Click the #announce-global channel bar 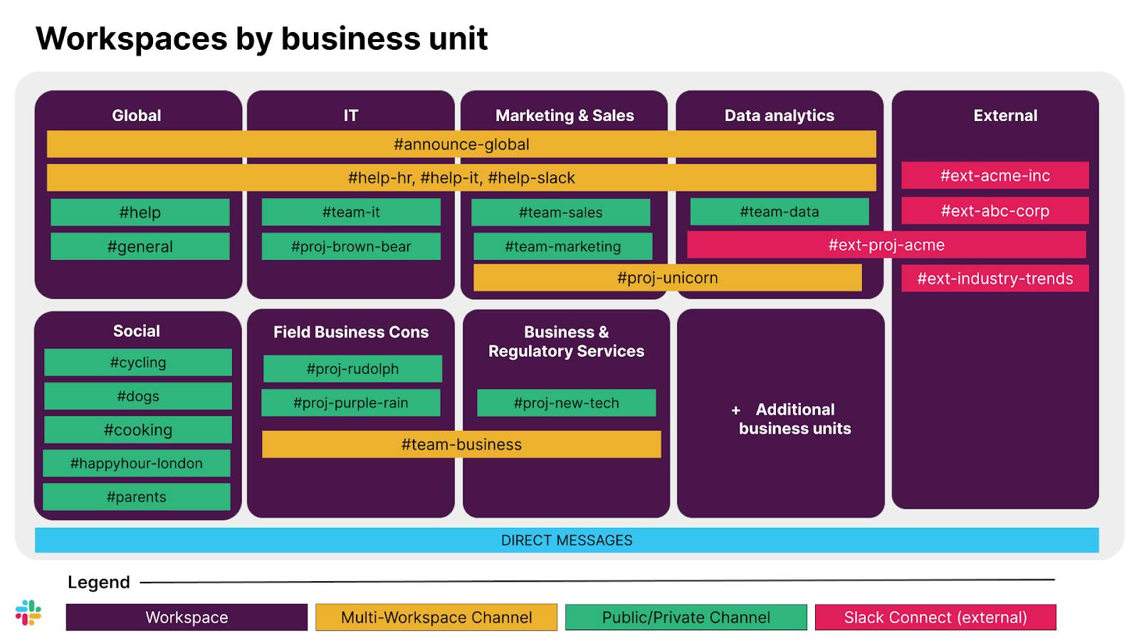click(x=461, y=144)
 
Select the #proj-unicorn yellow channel click(x=667, y=278)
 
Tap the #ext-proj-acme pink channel click(x=886, y=245)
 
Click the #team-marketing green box click(x=562, y=246)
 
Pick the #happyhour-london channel click(x=137, y=463)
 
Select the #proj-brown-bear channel click(x=351, y=246)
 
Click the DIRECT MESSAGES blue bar click(x=567, y=540)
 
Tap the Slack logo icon click(x=28, y=613)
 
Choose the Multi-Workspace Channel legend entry click(x=436, y=617)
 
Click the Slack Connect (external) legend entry click(x=935, y=617)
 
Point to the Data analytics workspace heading click(x=779, y=115)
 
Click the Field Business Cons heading click(x=351, y=332)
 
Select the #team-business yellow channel click(x=461, y=444)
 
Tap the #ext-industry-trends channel click(x=994, y=278)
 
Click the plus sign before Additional click(x=736, y=410)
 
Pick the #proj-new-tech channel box click(x=566, y=403)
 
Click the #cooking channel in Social click(x=138, y=429)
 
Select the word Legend click(x=99, y=583)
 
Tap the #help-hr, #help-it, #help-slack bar click(x=461, y=178)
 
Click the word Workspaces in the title click(x=131, y=38)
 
